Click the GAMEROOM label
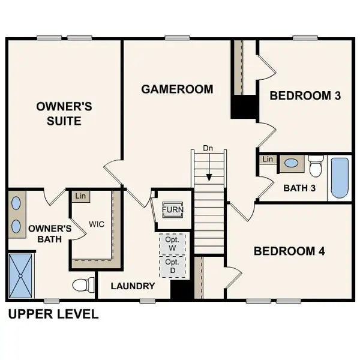[x=177, y=89]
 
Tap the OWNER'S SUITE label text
[x=64, y=113]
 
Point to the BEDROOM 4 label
[x=290, y=251]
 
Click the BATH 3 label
[x=299, y=188]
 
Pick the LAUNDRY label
[x=133, y=286]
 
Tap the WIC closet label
[x=97, y=224]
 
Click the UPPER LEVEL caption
[x=53, y=314]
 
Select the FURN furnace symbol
[x=173, y=210]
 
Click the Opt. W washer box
[x=172, y=244]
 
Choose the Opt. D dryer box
[x=172, y=266]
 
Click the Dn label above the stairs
[x=208, y=148]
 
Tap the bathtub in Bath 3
[x=339, y=178]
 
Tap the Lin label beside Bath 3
[x=268, y=159]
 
